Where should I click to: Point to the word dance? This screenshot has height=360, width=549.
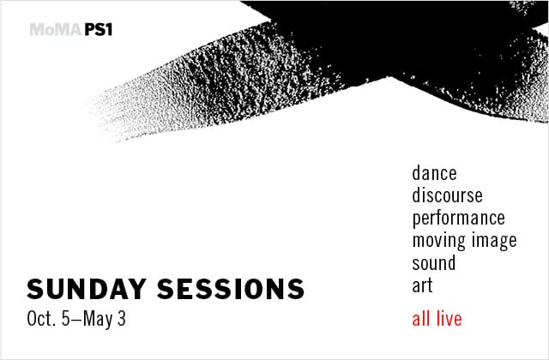434,173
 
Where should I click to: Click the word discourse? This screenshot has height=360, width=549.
447,195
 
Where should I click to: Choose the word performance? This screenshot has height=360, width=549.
458,219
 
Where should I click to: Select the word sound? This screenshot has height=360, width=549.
433,263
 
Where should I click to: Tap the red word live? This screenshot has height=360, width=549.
448,320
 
